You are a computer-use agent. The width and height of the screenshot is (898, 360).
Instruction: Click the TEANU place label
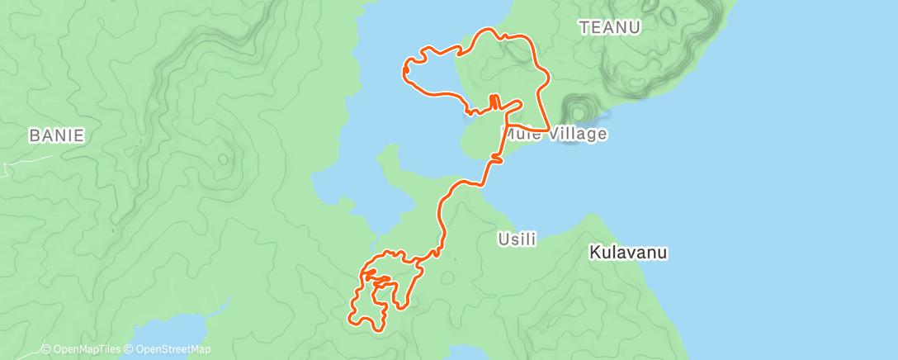click(x=610, y=27)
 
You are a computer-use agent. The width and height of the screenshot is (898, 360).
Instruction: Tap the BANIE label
click(x=57, y=136)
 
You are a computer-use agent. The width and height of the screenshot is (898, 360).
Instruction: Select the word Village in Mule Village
click(x=575, y=134)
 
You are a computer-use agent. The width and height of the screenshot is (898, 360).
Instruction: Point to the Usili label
click(x=518, y=239)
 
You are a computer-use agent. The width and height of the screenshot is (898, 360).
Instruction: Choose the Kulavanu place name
click(x=628, y=253)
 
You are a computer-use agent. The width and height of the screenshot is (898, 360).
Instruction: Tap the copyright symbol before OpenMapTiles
click(x=46, y=349)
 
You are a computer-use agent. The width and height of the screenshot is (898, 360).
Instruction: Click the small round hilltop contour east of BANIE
click(x=222, y=159)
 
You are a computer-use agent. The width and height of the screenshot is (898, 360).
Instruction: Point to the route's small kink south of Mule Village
click(x=496, y=157)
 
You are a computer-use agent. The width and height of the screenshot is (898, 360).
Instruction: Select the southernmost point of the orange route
click(x=379, y=330)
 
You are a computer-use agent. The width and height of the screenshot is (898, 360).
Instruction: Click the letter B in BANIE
click(x=34, y=136)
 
